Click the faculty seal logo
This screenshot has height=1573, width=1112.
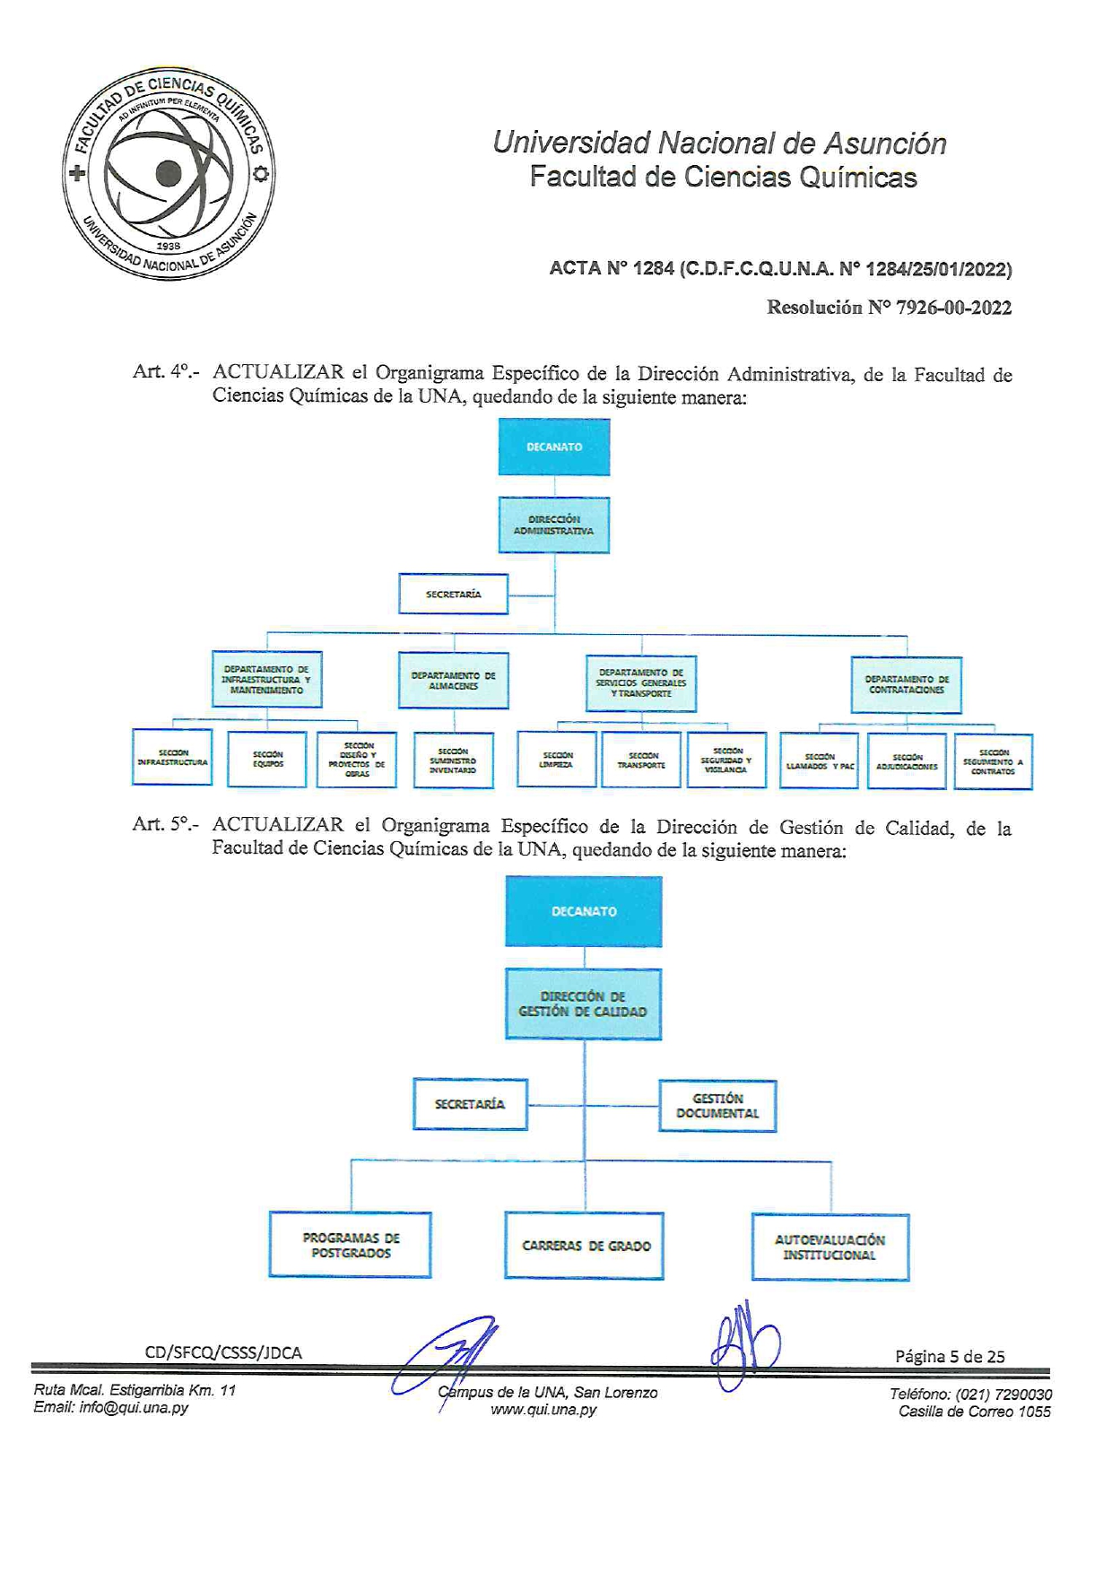point(169,174)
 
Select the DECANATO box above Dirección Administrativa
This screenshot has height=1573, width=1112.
point(554,447)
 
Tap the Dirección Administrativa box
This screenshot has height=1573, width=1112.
point(554,525)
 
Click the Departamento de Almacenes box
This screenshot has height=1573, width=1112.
point(454,681)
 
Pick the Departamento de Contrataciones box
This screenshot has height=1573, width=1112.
point(907,685)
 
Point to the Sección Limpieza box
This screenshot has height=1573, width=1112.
point(557,760)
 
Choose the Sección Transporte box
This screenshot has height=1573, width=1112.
point(641,760)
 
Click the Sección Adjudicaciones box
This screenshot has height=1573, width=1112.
point(907,761)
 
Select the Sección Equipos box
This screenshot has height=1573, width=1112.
point(267,759)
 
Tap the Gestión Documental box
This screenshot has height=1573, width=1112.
point(717,1106)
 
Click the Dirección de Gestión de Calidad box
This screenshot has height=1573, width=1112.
point(583,1004)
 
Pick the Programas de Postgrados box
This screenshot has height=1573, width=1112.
point(351,1245)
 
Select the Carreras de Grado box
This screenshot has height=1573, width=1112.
point(585,1246)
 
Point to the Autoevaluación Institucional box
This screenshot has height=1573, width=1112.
point(830,1247)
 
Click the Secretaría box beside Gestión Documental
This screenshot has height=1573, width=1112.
point(470,1104)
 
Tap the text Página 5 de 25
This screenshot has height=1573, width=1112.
point(950,1356)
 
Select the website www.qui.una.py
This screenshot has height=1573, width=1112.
point(543,1409)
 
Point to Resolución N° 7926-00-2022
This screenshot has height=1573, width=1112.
point(889,308)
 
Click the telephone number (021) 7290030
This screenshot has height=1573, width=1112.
point(1003,1394)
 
